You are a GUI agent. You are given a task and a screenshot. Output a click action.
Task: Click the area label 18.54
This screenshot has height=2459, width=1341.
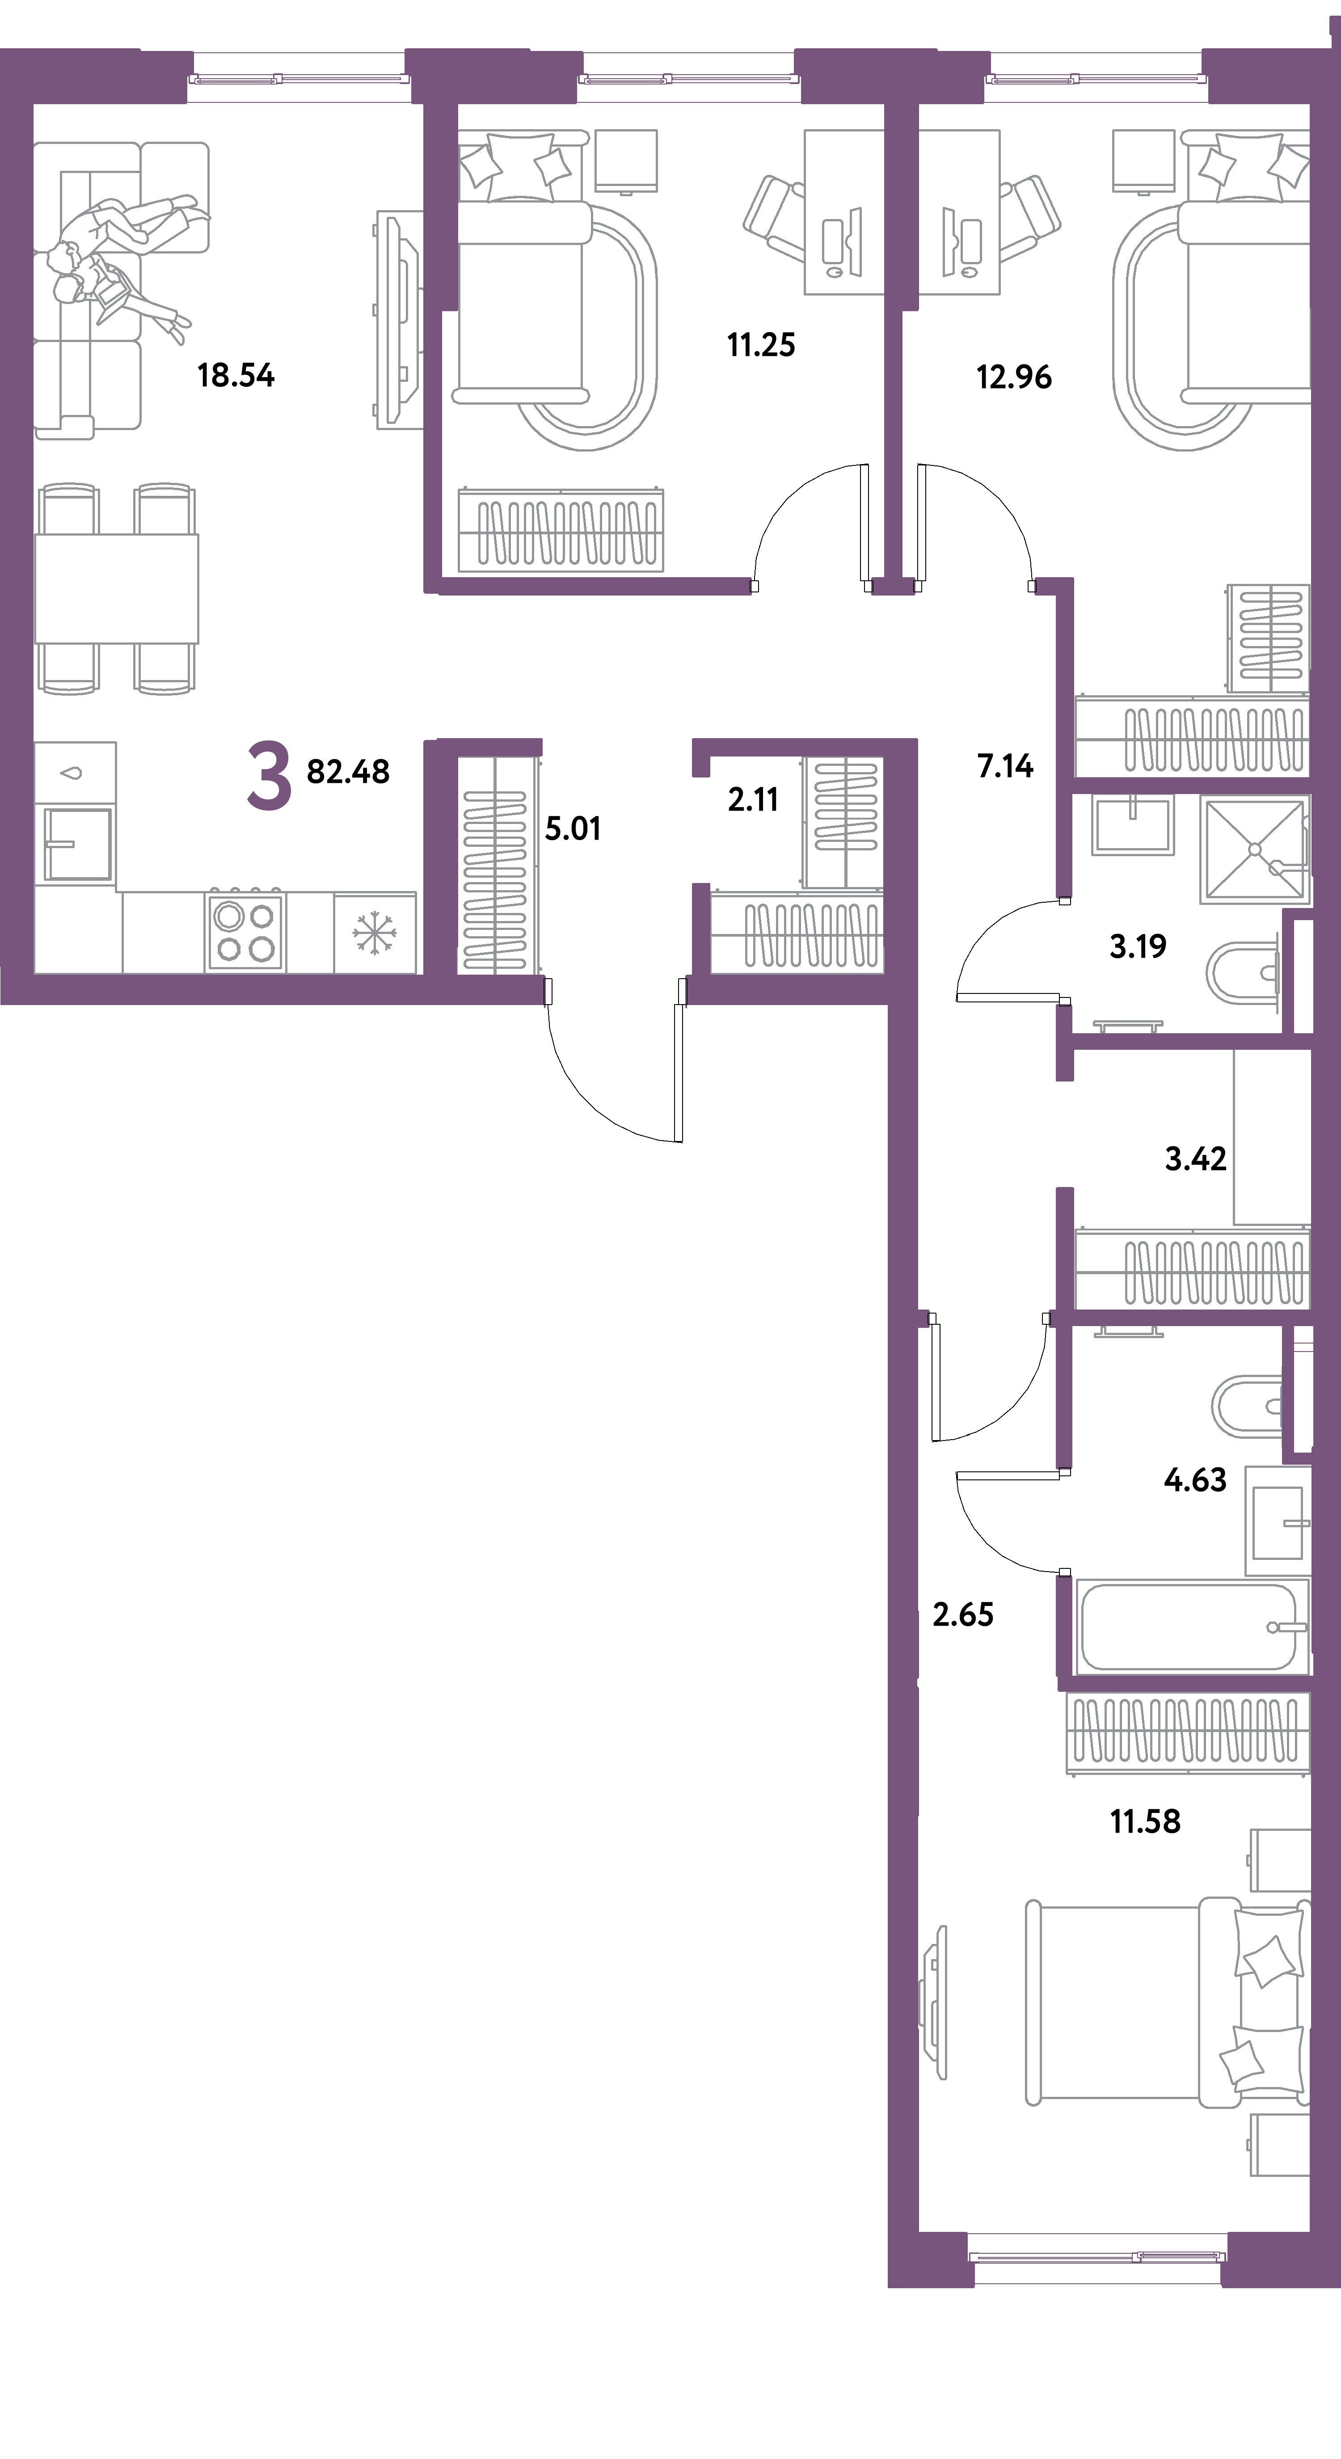[236, 375]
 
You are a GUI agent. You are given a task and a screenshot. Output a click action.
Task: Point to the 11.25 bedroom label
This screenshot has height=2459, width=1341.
[761, 345]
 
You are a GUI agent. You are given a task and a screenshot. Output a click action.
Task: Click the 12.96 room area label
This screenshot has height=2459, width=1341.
[1014, 377]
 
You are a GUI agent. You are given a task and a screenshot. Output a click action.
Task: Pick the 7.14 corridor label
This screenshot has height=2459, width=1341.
[1005, 765]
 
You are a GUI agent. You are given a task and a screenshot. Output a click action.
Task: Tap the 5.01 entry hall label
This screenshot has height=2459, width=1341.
[573, 828]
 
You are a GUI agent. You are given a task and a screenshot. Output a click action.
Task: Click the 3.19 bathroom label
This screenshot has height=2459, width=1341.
[1138, 946]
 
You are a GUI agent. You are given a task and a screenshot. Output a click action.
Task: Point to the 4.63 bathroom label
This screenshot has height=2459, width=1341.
[1195, 1479]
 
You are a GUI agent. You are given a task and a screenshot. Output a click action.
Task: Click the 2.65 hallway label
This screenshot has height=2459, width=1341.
[963, 1614]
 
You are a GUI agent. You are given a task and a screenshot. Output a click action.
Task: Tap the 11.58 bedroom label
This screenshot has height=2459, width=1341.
[1145, 1821]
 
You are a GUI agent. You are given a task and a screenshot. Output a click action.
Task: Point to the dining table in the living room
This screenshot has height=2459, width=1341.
[116, 588]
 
